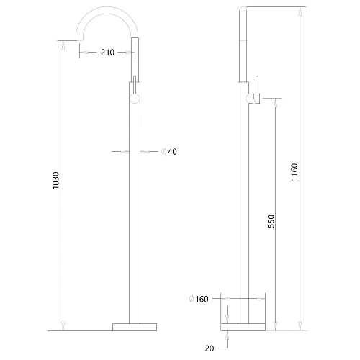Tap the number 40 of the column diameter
pos(172,151)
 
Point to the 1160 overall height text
pos(294,173)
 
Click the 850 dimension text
pos(271,222)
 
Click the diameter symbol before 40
pos(163,151)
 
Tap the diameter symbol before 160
pos(192,299)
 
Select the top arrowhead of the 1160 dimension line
pos(300,11)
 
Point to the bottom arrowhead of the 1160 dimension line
pos(300,327)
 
